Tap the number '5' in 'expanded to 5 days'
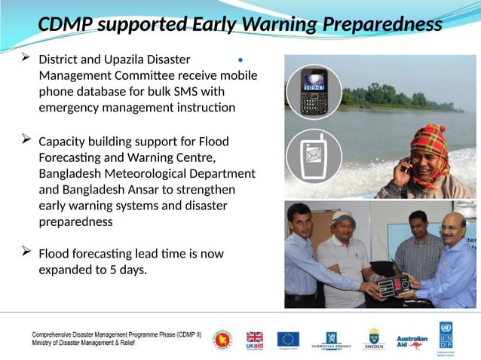point(115,270)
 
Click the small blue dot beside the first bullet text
point(240,59)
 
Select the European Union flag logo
point(287,339)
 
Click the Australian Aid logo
point(412,340)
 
